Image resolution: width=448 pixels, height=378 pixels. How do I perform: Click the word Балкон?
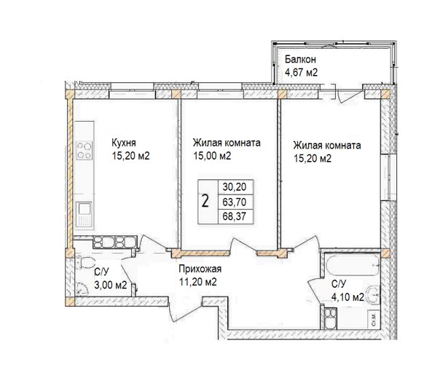[300, 58]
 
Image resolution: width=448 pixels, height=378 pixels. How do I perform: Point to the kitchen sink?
[85, 213]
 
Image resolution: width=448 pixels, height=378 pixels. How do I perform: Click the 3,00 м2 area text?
[110, 286]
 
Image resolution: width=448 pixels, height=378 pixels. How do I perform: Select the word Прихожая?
[200, 269]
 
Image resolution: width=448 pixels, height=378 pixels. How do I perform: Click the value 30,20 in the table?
[231, 187]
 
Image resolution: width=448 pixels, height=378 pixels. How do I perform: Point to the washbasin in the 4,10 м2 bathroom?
[372, 294]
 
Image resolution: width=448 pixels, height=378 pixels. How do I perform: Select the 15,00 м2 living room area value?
[212, 156]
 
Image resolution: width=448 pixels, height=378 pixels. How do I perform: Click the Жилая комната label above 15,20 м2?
[326, 146]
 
